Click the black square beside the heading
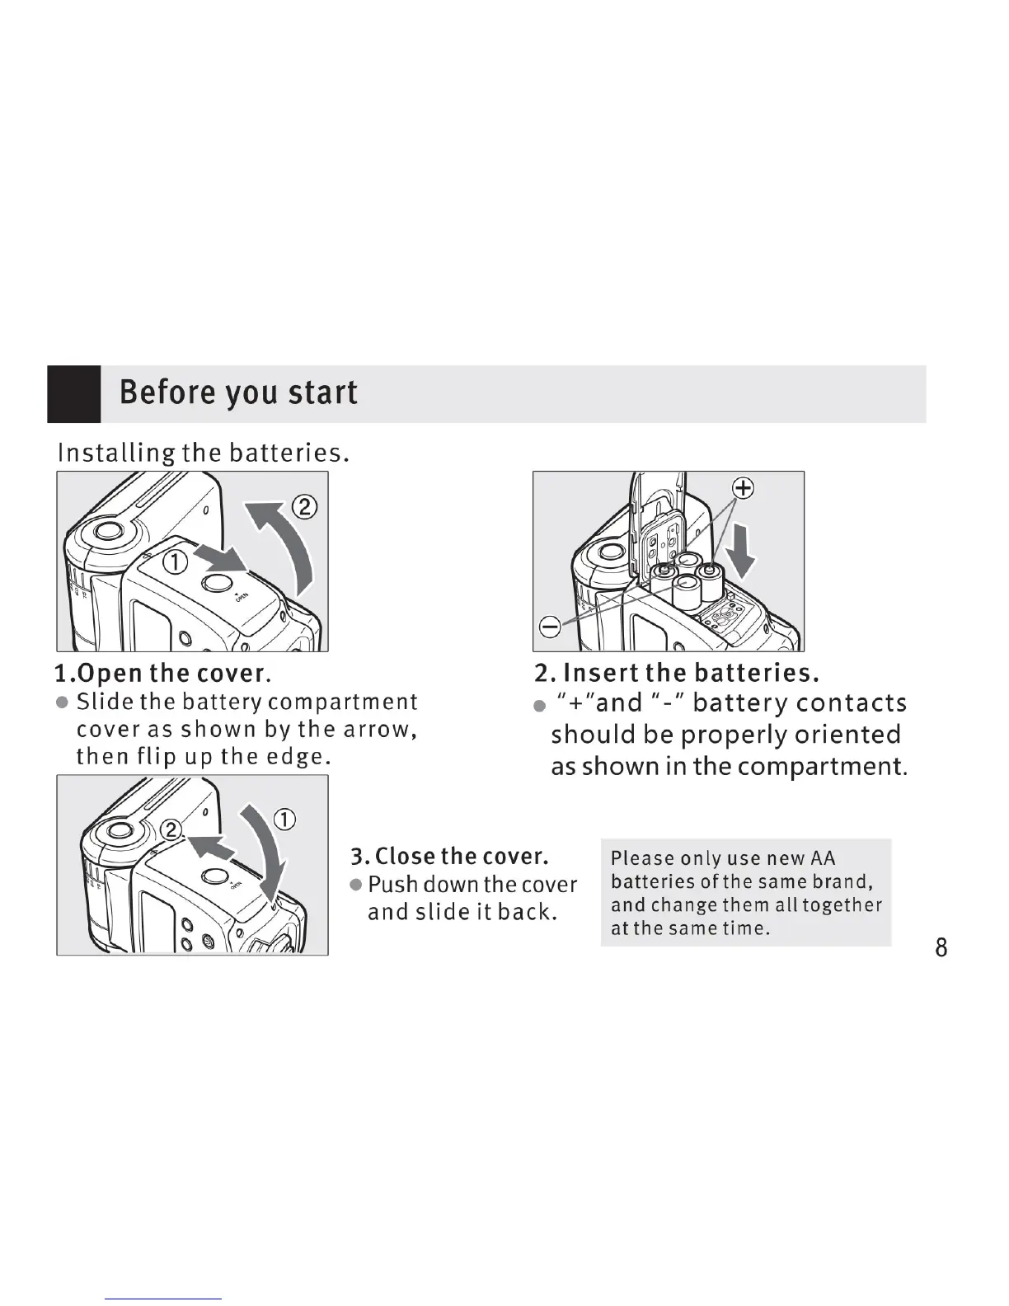click(x=74, y=394)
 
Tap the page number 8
click(x=941, y=947)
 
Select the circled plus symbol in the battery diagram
click(x=744, y=489)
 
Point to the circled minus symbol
click(x=550, y=627)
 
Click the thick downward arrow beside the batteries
click(x=743, y=551)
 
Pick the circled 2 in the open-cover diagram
click(x=305, y=506)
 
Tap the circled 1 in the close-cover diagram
click(x=284, y=820)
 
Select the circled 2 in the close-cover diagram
click(x=171, y=830)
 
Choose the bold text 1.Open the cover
click(x=162, y=674)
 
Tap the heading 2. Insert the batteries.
click(x=676, y=674)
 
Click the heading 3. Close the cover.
click(x=450, y=856)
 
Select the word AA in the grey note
click(x=823, y=859)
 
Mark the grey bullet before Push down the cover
click(x=357, y=885)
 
